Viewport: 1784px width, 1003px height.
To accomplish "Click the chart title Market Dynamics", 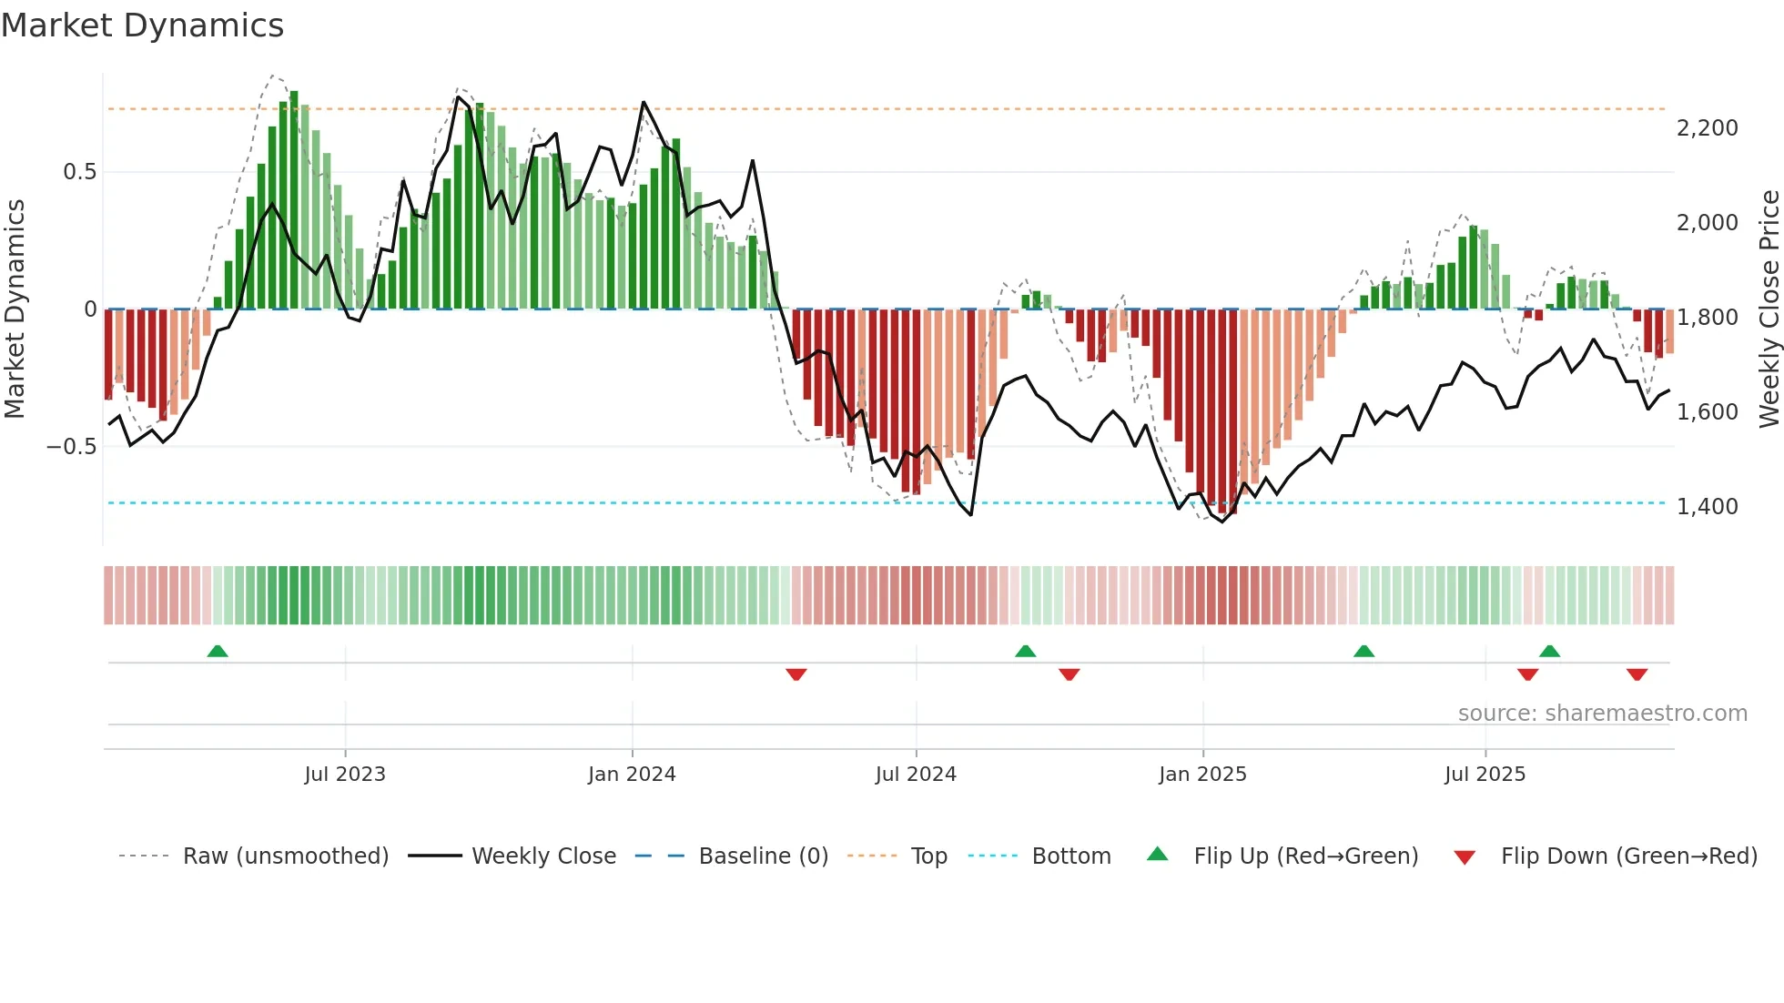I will coord(142,25).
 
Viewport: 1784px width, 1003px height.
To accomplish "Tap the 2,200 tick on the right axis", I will coord(1707,128).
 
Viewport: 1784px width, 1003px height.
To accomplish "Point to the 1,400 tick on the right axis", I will coord(1707,507).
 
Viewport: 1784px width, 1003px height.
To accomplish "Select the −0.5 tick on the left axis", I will coord(71,447).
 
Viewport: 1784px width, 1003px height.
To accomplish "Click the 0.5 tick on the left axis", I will coord(79,172).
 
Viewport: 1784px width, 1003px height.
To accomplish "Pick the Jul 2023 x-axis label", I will coord(345,775).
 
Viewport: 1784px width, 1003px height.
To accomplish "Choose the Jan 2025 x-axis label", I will coord(1202,775).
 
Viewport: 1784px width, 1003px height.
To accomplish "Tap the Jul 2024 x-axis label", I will coord(916,775).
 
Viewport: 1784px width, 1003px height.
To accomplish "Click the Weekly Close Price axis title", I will coord(1769,309).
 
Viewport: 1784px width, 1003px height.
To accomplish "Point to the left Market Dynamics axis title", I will coord(15,309).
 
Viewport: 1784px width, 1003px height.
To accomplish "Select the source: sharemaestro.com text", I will coord(1602,714).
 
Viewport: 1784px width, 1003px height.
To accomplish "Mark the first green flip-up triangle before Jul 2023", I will coord(218,652).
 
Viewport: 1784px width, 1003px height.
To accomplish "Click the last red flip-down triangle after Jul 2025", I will coord(1637,674).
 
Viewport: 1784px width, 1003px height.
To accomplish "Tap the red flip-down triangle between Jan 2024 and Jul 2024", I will coord(796,674).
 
